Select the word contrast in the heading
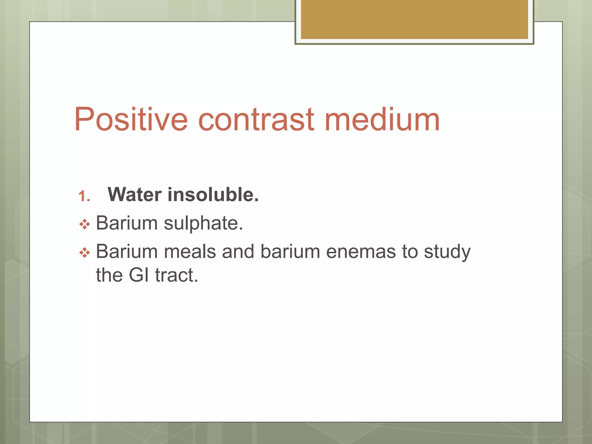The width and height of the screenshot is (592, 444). coord(256,119)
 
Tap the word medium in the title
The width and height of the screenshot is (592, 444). coord(382,119)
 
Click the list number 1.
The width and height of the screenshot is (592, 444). coord(84,197)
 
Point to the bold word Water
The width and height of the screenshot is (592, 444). coord(134,195)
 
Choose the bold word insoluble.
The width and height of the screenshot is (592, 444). coord(213,195)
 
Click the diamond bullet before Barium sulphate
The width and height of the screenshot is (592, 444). coord(85,224)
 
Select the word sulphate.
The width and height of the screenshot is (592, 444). coord(203,223)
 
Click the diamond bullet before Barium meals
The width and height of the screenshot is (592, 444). coord(85,253)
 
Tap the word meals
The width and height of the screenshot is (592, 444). coord(190,251)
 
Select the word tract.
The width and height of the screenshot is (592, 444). coord(176,275)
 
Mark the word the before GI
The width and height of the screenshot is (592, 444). coord(109,275)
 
